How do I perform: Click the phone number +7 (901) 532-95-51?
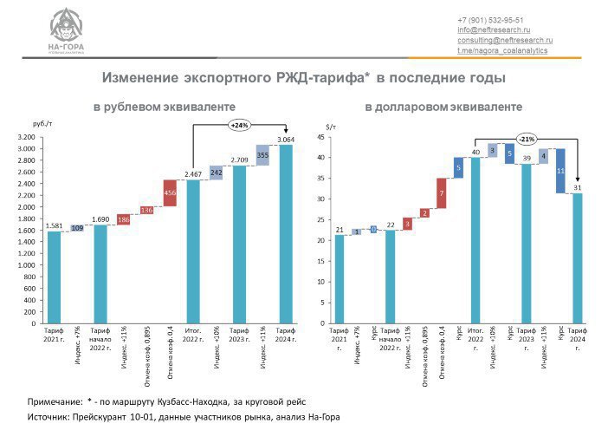pos(490,20)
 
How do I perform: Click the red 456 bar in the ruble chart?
pos(171,193)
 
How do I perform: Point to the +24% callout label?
pos(239,126)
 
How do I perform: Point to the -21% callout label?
pos(527,139)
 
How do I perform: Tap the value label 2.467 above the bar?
pos(193,174)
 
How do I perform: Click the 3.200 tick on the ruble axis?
pos(26,137)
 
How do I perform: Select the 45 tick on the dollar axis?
pos(320,137)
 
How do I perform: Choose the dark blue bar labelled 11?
pos(560,171)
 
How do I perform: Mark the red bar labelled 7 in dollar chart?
pos(441,193)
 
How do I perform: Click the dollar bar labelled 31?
pos(578,258)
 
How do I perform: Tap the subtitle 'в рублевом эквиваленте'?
pos(165,107)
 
